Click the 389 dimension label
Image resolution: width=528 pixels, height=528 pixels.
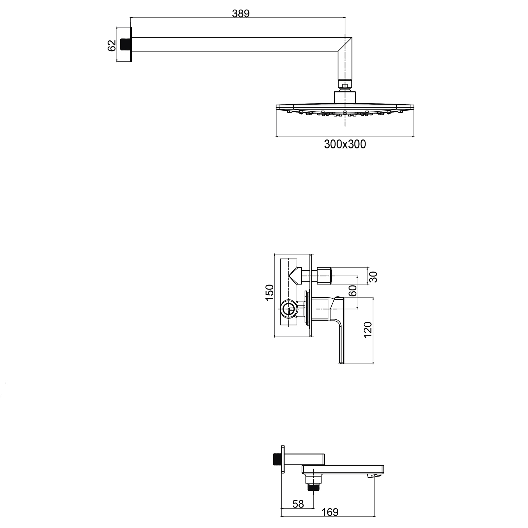pos(241,14)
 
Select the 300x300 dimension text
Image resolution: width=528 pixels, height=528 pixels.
pos(345,144)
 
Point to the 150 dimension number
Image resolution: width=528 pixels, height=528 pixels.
pos(269,292)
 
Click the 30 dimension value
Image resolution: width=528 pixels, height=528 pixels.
pos(373,277)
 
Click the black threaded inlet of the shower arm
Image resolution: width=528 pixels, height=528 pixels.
pos(125,44)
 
